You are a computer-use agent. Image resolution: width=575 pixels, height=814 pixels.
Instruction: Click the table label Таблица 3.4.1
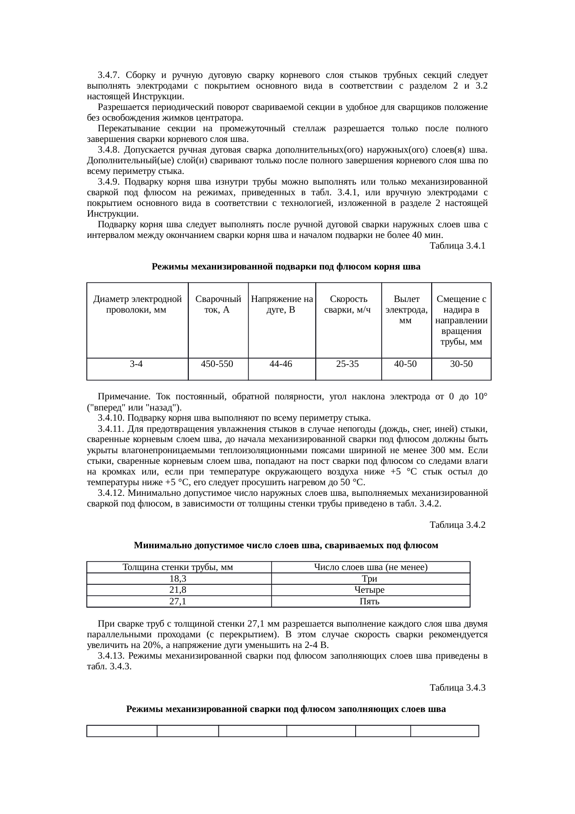tap(457, 246)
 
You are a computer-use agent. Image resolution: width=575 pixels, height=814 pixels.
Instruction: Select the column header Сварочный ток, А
tap(217, 305)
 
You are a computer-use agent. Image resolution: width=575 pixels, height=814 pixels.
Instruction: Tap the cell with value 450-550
tap(217, 364)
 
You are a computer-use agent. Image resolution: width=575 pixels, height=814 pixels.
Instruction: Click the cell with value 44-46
tap(281, 364)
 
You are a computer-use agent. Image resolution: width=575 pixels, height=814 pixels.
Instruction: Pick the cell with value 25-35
tap(347, 364)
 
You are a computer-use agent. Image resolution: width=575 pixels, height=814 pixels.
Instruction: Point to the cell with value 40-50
tap(405, 364)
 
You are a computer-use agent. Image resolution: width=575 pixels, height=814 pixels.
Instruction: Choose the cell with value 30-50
tap(461, 364)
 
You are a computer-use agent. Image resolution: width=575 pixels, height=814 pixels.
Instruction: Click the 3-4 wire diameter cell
tap(136, 364)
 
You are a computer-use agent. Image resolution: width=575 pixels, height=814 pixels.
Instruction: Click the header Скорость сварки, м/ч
tap(347, 305)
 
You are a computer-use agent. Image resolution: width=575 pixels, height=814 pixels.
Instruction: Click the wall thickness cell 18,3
tap(178, 578)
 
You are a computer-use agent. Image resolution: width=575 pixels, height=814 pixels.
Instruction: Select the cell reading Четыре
tap(370, 590)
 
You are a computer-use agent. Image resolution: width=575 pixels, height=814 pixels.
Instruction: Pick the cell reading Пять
tap(370, 602)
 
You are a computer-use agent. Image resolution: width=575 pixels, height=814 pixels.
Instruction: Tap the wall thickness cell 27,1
tap(178, 602)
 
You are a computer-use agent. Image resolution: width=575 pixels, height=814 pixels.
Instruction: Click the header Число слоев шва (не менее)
tap(370, 567)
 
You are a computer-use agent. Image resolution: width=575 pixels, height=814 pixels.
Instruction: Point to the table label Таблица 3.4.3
tap(457, 687)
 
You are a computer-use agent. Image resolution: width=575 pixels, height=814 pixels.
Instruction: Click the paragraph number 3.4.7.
tap(109, 75)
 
